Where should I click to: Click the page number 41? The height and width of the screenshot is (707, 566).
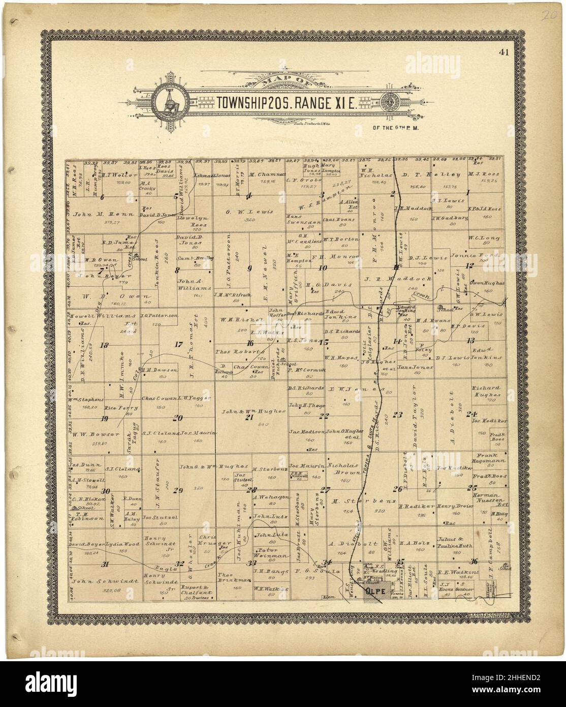504,51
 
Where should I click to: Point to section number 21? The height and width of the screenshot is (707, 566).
249,417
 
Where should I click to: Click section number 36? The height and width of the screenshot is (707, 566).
474,561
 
